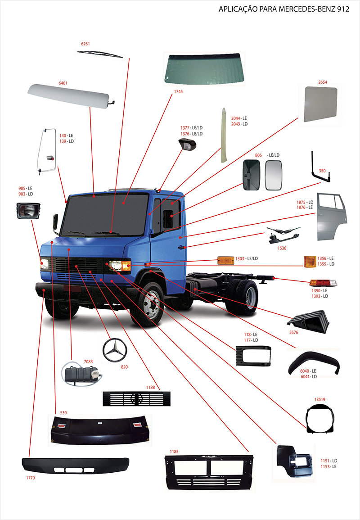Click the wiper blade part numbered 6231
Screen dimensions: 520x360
point(99,54)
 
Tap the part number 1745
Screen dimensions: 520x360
point(178,91)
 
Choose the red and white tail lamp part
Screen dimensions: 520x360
point(323,283)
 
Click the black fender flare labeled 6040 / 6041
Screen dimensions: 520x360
point(310,363)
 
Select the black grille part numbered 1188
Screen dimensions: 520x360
point(136,398)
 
